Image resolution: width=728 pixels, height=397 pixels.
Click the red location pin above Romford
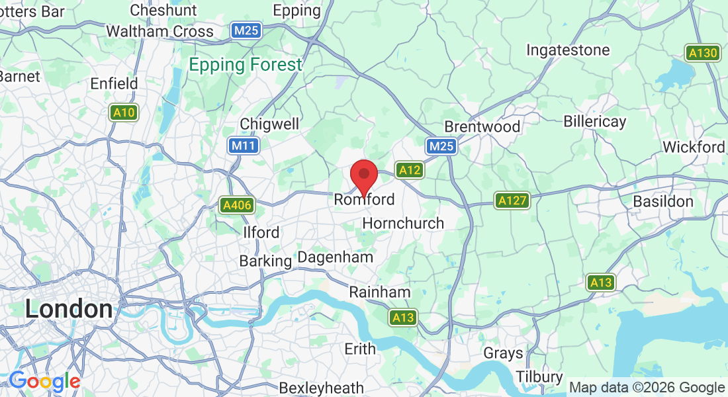point(363,175)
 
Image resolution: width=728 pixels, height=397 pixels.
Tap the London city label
point(69,309)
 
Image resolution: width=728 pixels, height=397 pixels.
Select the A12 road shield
point(410,170)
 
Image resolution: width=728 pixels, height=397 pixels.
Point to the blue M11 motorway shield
point(243,146)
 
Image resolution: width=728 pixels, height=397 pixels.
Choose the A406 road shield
point(237,205)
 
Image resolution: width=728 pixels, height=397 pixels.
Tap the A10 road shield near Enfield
point(124,112)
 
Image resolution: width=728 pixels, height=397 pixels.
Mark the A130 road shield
point(702,53)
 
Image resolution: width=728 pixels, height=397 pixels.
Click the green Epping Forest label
point(245,65)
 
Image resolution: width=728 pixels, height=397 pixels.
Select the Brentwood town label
point(482,126)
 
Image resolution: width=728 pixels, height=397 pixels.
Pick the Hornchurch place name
point(403,223)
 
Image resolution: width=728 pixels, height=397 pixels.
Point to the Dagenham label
point(335,257)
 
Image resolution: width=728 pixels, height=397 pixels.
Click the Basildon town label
point(663,201)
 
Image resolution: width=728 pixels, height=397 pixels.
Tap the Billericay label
point(594,122)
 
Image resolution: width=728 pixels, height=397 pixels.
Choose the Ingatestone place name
point(568,50)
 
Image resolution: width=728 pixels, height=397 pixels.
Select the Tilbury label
point(539,376)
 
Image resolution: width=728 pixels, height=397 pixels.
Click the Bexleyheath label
point(321,388)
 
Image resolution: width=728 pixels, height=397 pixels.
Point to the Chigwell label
point(269,124)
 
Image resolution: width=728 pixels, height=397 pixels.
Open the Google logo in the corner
point(44,381)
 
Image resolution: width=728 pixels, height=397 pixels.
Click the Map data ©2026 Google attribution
point(647,388)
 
